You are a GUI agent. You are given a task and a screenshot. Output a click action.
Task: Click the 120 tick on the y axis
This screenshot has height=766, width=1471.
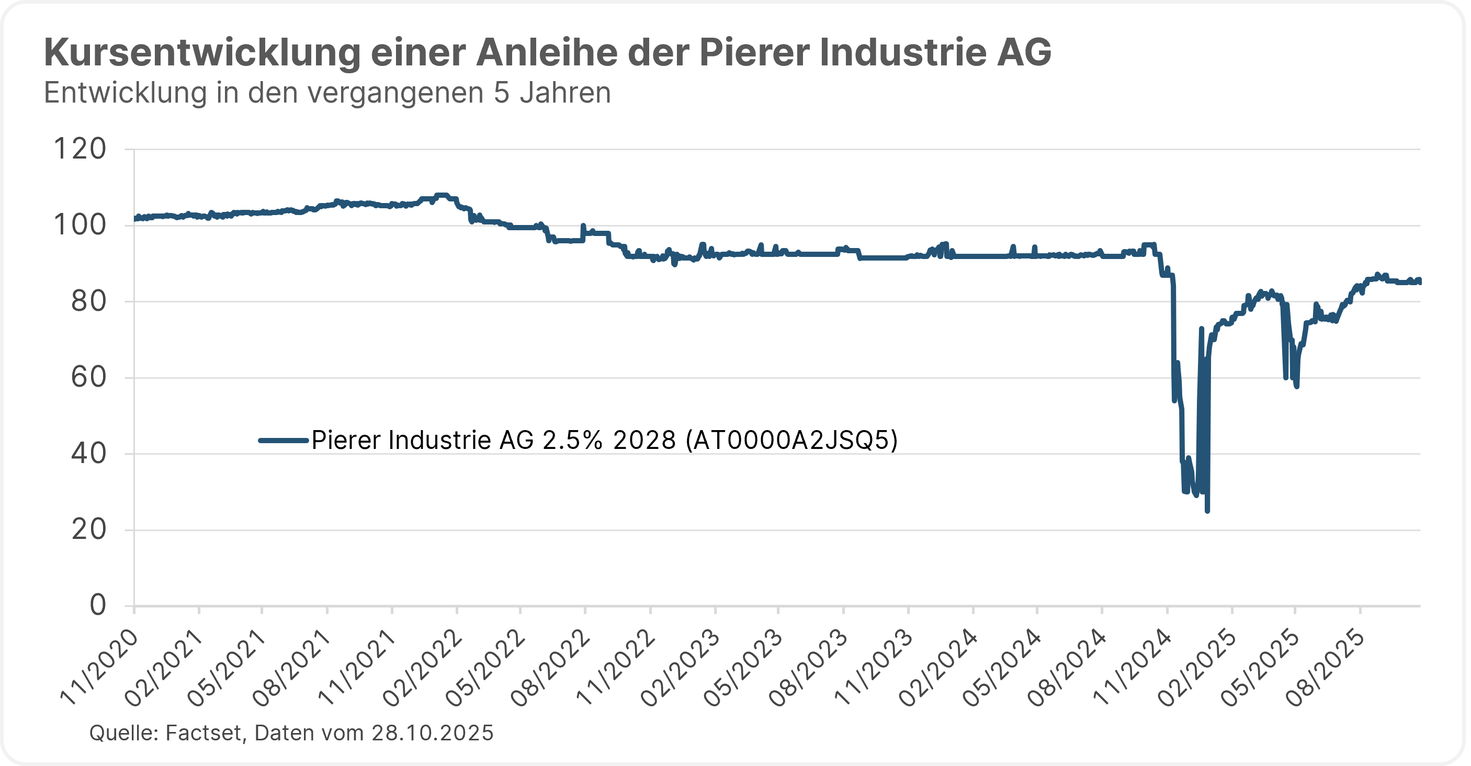click(80, 149)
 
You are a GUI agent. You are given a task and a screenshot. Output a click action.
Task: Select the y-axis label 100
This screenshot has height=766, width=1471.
click(80, 225)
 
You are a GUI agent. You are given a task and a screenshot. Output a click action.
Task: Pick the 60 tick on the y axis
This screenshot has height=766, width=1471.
click(88, 378)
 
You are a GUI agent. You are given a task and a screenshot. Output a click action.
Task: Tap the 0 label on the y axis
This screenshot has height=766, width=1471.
click(98, 605)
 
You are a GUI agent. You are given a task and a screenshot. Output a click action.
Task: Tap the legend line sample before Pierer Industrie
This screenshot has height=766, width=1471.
click(284, 440)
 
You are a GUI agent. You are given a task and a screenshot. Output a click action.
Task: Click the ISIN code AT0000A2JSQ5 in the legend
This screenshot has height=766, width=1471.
click(791, 440)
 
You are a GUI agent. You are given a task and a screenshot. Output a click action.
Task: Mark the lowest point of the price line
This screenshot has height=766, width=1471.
click(1207, 511)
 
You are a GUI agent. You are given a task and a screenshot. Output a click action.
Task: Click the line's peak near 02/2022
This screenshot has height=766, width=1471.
click(442, 195)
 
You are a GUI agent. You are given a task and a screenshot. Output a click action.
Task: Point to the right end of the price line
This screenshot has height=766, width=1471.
click(1420, 280)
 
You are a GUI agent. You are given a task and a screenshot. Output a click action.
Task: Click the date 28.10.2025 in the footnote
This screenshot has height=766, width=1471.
click(432, 733)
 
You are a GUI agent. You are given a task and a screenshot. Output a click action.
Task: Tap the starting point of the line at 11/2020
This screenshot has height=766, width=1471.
click(135, 218)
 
